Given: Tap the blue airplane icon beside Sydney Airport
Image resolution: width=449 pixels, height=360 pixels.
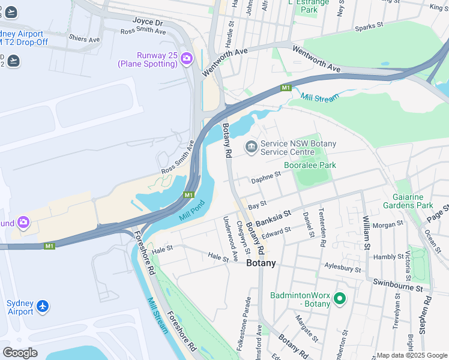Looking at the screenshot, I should [x=42, y=307].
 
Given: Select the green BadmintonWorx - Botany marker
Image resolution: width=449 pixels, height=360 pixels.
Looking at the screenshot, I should [x=340, y=298].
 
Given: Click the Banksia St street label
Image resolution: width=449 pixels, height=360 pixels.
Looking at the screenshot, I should [x=273, y=217].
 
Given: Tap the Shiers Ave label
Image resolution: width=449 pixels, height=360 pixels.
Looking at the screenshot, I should [x=85, y=39].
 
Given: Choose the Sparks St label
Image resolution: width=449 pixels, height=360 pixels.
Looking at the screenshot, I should [x=369, y=26].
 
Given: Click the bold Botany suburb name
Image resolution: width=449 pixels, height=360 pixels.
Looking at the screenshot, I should [x=261, y=263].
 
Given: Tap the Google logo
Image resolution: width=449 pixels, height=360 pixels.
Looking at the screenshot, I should [x=20, y=353].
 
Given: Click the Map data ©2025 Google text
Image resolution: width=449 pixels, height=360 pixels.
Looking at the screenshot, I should [x=412, y=355].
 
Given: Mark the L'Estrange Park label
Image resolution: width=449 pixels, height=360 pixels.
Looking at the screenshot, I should [x=309, y=6].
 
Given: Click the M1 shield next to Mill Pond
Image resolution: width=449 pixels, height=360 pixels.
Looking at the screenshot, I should [x=188, y=195].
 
